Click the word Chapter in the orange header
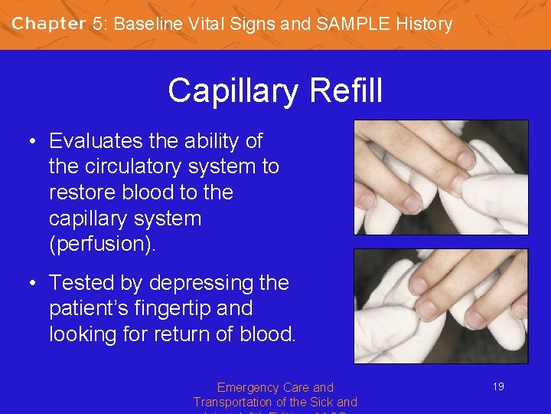(x=48, y=24)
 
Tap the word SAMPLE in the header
(x=347, y=24)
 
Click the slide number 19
(x=498, y=387)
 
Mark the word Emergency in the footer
(x=246, y=388)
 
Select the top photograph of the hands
(x=441, y=177)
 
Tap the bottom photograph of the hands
(x=441, y=306)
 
